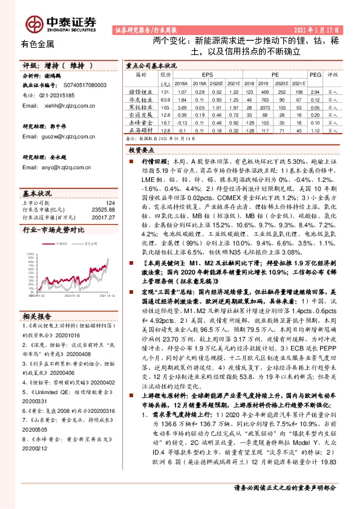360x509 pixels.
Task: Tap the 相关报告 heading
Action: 38,317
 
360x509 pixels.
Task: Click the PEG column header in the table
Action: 314,74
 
